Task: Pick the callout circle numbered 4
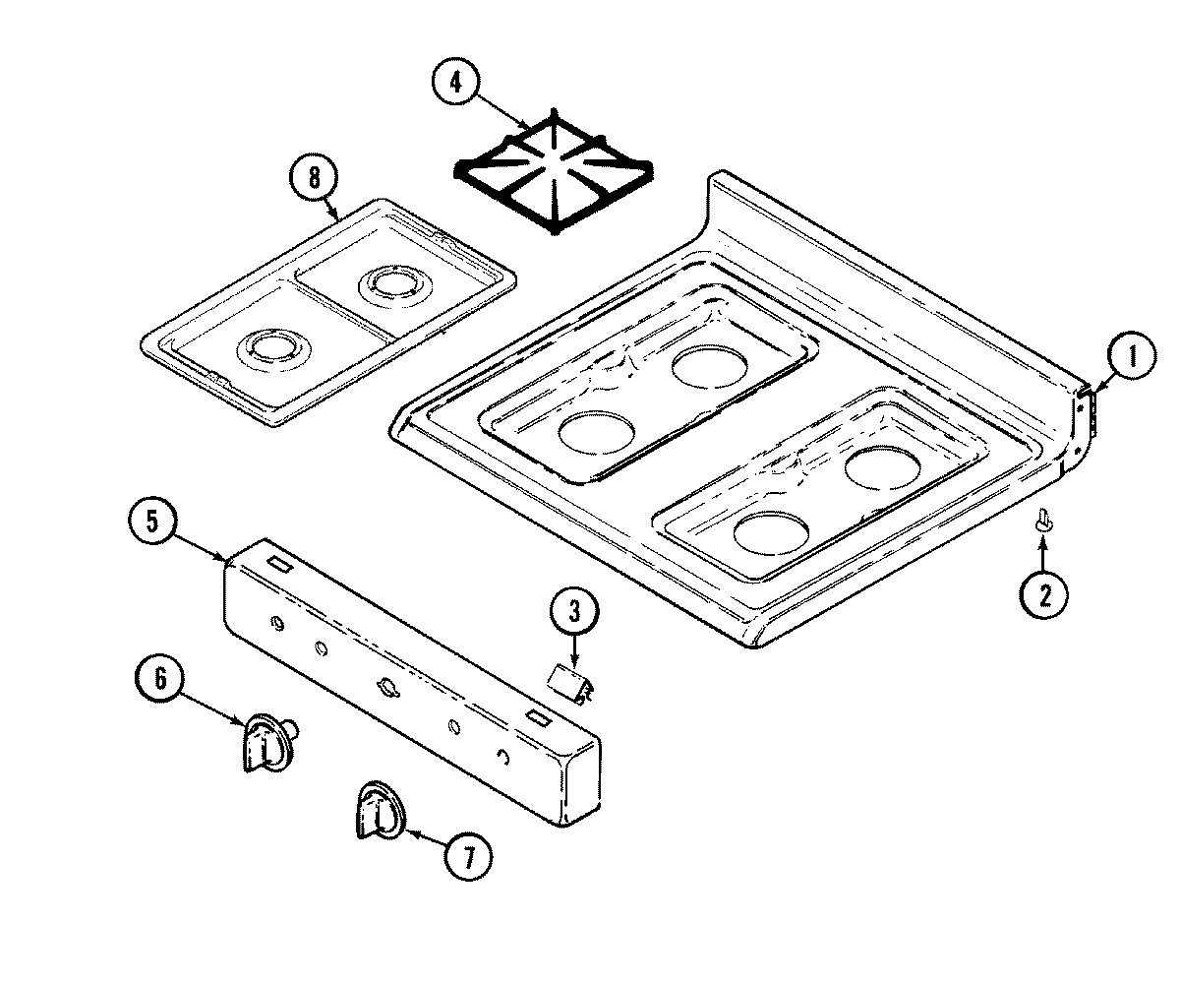(x=455, y=82)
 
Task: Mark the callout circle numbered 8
(x=314, y=179)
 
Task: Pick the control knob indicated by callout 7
(x=377, y=811)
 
